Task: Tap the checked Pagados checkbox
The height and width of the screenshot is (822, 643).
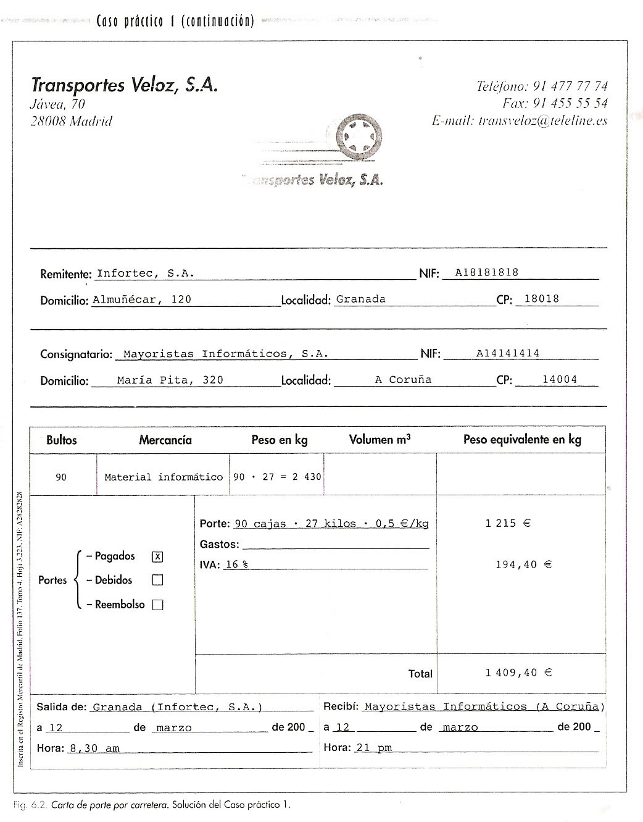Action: pos(157,556)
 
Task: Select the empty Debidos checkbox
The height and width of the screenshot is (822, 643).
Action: pos(157,581)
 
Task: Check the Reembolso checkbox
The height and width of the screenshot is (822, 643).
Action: pos(157,605)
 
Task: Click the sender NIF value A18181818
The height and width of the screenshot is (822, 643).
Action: pos(486,272)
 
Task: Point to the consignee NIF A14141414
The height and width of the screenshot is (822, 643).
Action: pos(508,353)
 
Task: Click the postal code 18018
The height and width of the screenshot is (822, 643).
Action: pos(541,299)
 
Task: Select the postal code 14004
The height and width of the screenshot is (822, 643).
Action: pos(560,380)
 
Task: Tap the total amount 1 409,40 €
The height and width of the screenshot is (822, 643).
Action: pos(518,673)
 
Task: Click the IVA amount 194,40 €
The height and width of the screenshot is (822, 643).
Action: pos(523,564)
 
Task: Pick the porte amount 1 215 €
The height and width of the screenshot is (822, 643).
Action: pos(508,523)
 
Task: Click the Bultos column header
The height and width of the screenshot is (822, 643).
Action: pos(62,440)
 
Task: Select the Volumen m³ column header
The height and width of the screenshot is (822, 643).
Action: pos(380,440)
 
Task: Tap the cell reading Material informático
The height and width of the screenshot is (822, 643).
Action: pos(164,477)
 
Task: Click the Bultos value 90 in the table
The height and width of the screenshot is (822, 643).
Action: pos(61,477)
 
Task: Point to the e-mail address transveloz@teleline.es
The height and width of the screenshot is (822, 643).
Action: pos(543,121)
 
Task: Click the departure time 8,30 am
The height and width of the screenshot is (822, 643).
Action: pos(94,749)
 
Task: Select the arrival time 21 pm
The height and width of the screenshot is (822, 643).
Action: pos(374,748)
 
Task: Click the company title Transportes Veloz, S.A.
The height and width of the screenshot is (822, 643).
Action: pos(124,85)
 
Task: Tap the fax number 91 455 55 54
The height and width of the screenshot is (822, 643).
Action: pos(570,103)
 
